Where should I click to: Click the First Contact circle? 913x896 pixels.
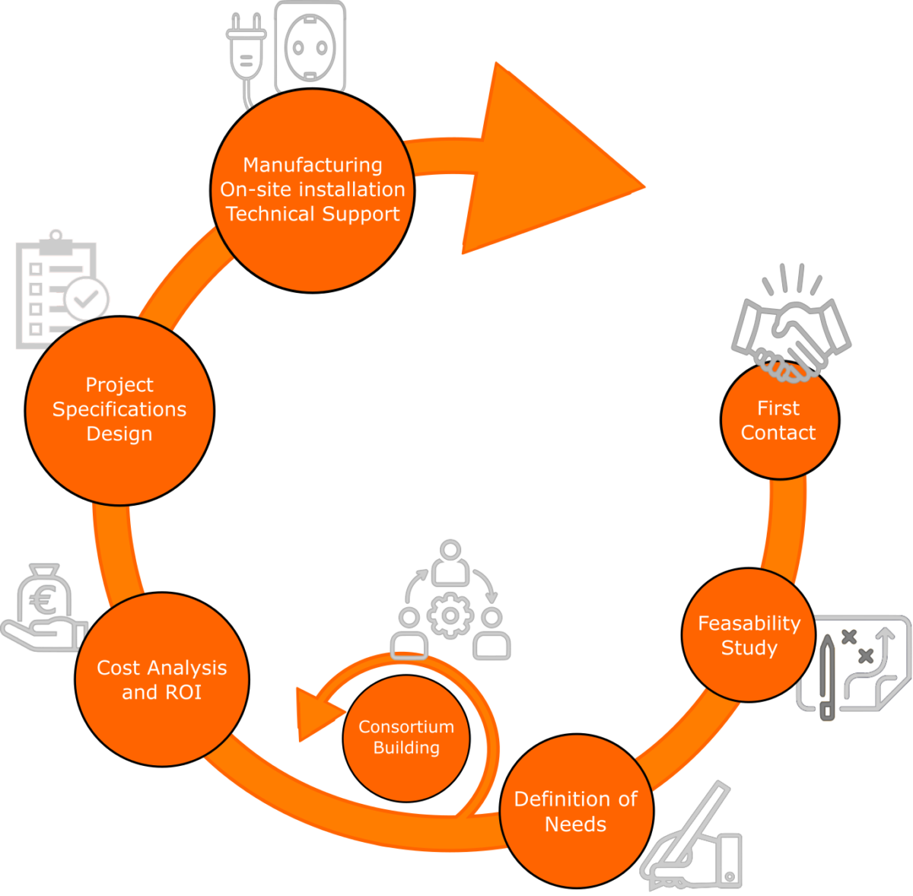779,421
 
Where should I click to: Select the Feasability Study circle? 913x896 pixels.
749,635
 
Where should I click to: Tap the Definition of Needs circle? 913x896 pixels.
576,812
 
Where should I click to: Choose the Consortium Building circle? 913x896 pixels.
406,738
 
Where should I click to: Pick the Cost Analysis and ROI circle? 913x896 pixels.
162,679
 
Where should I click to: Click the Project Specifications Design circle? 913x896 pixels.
119,409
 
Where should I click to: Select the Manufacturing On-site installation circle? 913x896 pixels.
313,189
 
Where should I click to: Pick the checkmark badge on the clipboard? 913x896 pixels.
86,299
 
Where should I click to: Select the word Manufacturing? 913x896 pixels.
313,165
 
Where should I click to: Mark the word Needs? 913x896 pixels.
576,824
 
